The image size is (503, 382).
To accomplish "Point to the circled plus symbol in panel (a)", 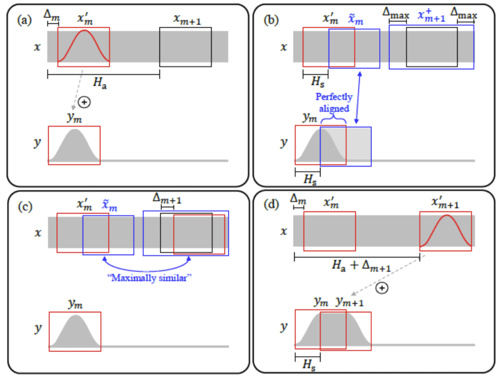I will click(x=84, y=102).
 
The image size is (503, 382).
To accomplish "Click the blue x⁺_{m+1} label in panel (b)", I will click(x=431, y=16).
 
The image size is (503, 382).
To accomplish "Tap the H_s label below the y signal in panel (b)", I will click(x=307, y=179).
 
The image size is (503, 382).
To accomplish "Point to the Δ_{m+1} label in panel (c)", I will click(x=167, y=199).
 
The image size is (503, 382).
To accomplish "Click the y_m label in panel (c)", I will click(x=75, y=304).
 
